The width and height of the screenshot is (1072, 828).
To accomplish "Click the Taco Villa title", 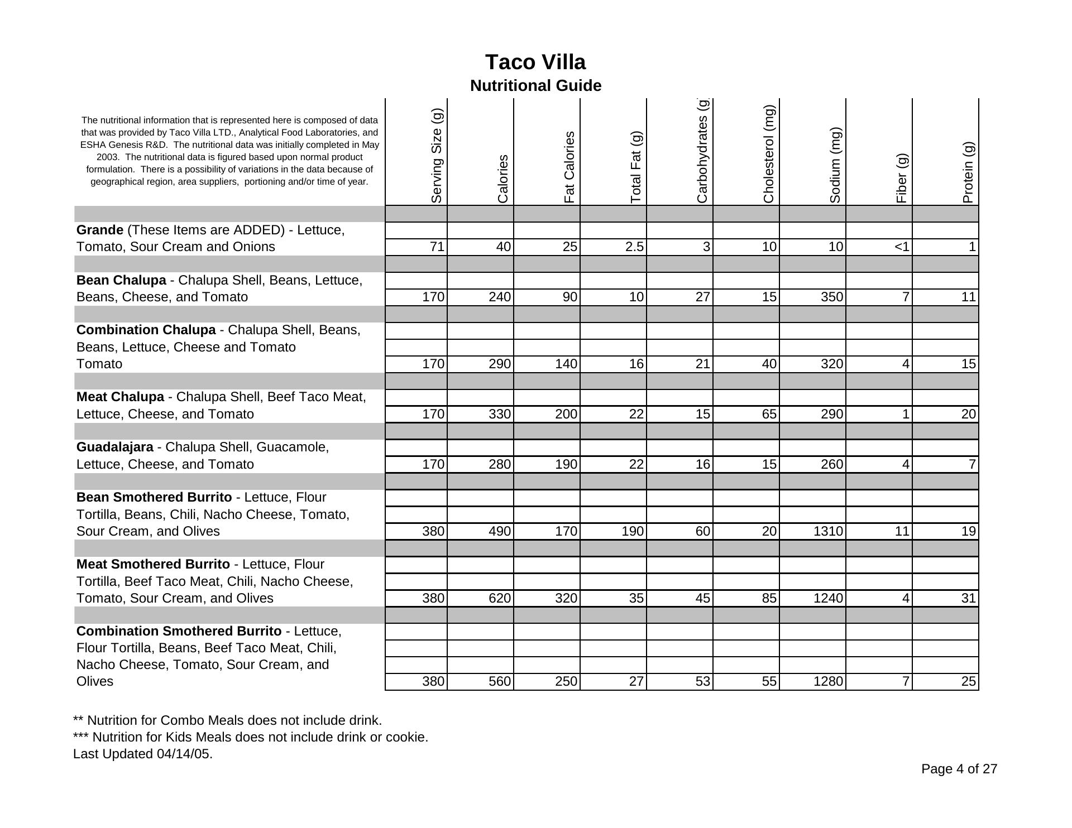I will pos(535,62).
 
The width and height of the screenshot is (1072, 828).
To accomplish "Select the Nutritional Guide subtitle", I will pos(535,86).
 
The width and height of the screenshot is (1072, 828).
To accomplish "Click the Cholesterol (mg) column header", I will pos(769,154).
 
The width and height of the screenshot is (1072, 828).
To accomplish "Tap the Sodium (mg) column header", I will pos(835,165).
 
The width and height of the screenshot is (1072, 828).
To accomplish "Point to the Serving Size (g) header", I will pos(437,156).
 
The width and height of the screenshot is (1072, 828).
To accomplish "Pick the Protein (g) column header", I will pos(968,172).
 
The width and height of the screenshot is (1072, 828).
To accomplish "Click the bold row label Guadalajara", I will pos(114,447).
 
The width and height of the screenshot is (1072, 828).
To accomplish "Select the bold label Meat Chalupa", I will pos(120,397).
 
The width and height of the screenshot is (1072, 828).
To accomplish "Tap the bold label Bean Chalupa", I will pos(121,280).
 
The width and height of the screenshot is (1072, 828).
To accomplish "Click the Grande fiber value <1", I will pos(902,247).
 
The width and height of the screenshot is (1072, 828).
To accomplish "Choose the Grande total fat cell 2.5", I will pos(634,247).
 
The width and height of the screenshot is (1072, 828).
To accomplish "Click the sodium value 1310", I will pos(828,531).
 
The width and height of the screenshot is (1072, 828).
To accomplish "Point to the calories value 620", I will pos(499,598).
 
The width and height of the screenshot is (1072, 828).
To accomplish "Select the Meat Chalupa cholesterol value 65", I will pos(769,414).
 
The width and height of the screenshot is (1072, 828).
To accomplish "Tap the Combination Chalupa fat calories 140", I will pos(566,364).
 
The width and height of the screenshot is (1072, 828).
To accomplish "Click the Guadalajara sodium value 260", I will pos(831,464).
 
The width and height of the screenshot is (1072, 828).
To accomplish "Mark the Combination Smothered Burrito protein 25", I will pos(968,681).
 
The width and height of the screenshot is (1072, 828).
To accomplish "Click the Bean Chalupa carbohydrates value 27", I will pos(702,297).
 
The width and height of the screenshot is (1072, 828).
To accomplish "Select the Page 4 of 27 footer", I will pos(959,769).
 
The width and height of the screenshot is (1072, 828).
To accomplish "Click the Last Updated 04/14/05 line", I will pos(142,754).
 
